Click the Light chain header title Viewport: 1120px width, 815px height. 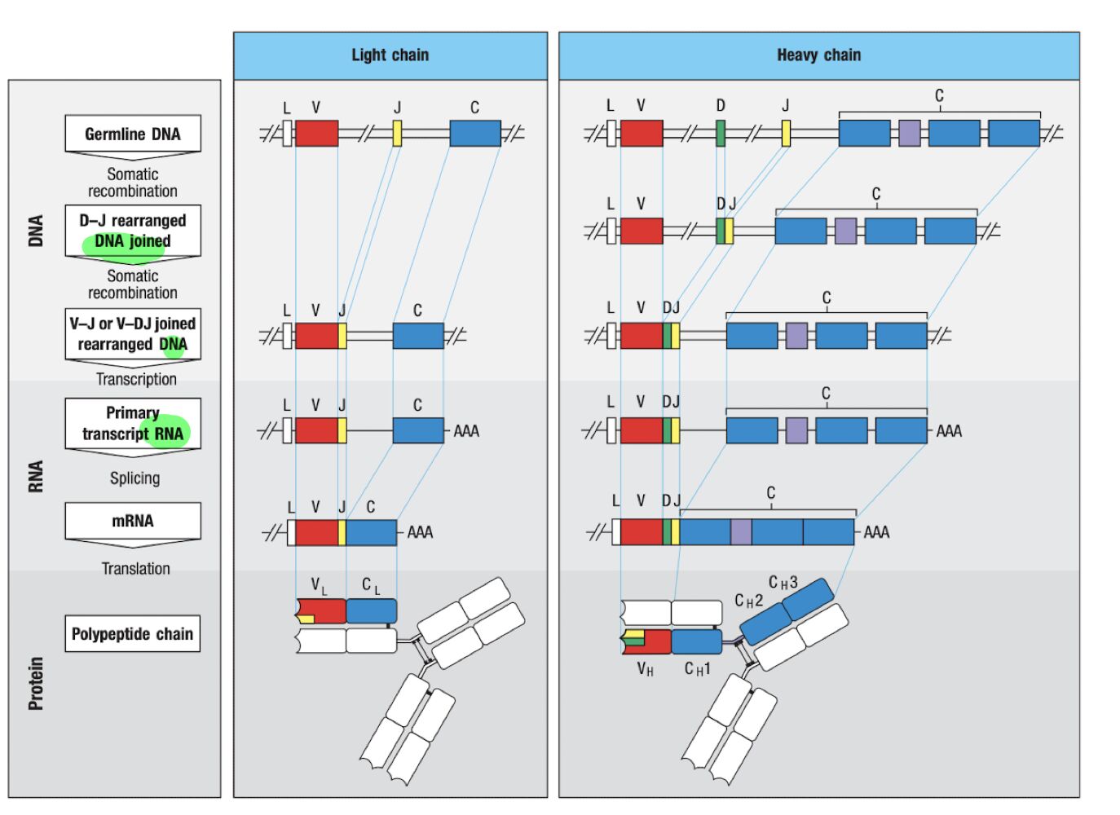[390, 55]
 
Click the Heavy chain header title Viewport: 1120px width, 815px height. [818, 55]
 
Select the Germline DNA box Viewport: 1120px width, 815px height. [133, 134]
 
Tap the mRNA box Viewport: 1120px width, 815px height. [133, 521]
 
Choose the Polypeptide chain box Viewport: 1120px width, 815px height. [133, 634]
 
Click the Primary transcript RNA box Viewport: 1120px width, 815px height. [133, 423]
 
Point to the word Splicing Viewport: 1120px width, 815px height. [135, 478]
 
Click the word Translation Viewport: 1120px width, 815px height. [135, 569]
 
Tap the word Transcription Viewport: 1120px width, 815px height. [136, 379]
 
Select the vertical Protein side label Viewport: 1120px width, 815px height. [36, 683]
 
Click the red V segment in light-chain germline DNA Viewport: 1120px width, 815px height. [316, 134]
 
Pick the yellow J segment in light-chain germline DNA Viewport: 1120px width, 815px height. [397, 134]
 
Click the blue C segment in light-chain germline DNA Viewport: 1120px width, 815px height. [475, 134]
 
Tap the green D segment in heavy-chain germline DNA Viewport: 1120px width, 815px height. [721, 134]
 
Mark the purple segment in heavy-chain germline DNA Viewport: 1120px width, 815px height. [910, 134]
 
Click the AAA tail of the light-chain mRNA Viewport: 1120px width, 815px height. [420, 533]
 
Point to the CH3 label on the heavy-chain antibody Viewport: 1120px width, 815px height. [783, 583]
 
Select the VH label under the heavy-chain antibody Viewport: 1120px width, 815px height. [645, 670]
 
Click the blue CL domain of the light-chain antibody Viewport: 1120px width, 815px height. [371, 611]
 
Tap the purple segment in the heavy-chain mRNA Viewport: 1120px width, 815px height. [741, 532]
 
